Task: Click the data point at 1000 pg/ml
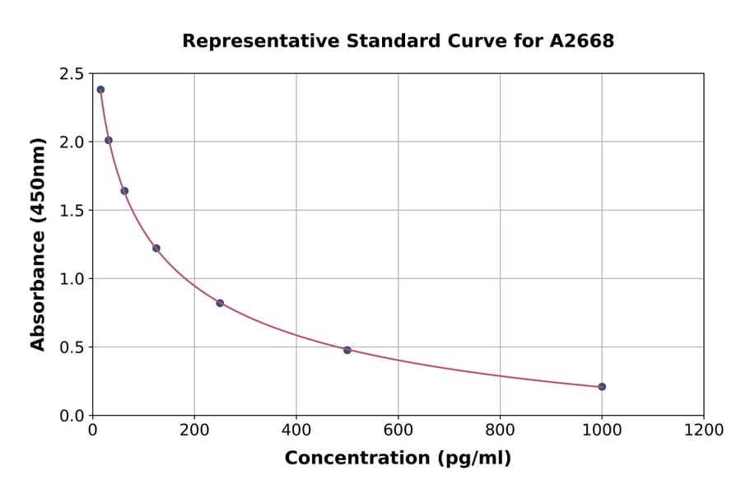point(602,386)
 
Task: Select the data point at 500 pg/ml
point(347,350)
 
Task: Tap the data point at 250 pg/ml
point(220,303)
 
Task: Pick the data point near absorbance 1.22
point(156,248)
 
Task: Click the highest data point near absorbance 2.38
point(100,90)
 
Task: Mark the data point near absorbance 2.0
point(109,140)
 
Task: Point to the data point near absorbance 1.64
point(124,191)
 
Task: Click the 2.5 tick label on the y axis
point(72,74)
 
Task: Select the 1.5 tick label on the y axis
point(72,211)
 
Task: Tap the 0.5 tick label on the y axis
point(72,347)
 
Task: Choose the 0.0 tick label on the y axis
point(72,416)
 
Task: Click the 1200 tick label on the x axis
point(703,430)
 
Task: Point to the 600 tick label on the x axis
point(398,430)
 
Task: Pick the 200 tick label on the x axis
point(194,430)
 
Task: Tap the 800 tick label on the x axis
point(500,430)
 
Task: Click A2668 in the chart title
point(581,41)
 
